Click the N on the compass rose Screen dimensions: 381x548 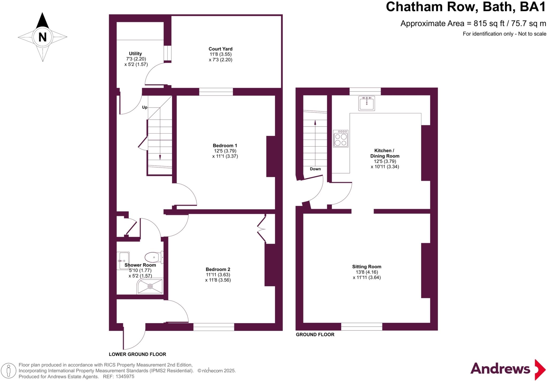tap(43, 37)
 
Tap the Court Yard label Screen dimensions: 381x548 tap(220, 49)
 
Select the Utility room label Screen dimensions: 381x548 tap(135, 54)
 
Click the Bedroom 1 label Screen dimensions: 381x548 tap(225, 146)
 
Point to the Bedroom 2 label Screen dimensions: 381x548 tap(218, 269)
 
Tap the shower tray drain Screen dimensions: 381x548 tap(150, 286)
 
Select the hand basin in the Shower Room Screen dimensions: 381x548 tap(123, 261)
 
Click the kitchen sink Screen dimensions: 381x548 tap(367, 103)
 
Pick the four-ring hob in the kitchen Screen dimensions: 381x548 tap(341, 139)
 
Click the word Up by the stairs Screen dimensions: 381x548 tap(145, 107)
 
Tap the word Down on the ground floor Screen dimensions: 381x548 tap(315, 169)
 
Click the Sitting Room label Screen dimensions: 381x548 tap(367, 266)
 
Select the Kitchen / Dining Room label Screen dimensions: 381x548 tap(385, 153)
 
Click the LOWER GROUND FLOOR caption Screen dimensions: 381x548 tap(137, 354)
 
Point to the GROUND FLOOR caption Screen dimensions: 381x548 tap(315, 334)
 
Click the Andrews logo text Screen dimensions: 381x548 tap(500, 369)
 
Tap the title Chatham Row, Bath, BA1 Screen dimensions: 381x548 tap(466, 7)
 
